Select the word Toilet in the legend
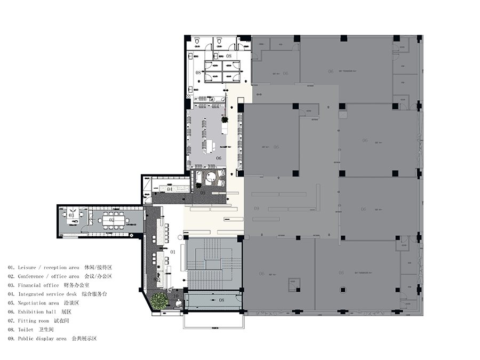27,330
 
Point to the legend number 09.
11,339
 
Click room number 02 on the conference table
112,220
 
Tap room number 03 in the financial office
71,215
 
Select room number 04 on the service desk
170,189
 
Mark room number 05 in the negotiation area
203,193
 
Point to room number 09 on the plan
257,208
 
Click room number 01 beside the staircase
172,252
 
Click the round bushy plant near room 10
158,301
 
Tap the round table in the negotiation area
211,178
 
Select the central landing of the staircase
213,264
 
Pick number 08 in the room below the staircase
221,300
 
